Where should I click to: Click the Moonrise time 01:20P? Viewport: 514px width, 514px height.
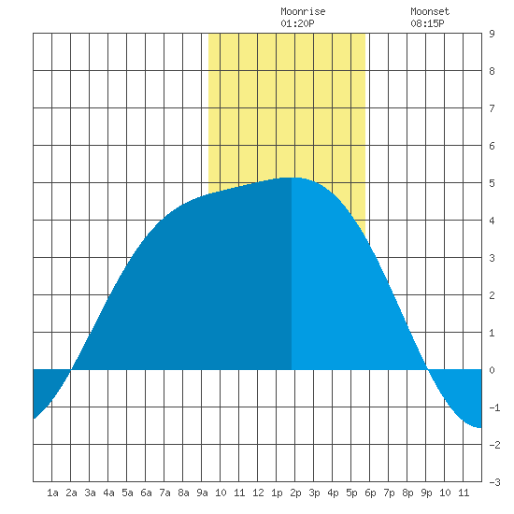297,23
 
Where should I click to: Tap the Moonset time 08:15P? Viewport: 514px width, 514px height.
427,23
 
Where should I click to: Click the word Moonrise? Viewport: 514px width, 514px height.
303,11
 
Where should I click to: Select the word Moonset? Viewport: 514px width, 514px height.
430,11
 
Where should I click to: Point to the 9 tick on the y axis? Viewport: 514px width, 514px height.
492,34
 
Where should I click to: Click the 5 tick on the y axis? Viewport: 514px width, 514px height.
492,183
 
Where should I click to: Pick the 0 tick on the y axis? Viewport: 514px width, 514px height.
492,370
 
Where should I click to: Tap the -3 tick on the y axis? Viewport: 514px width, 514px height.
494,482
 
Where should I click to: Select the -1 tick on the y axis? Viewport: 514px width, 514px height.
494,407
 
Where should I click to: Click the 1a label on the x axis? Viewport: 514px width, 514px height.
52,493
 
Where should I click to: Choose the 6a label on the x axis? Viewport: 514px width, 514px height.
146,493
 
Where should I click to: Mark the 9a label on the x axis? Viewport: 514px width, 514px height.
202,493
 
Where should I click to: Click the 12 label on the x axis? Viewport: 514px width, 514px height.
258,493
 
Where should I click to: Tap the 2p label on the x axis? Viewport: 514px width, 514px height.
295,493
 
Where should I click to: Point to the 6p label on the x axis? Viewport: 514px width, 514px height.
370,493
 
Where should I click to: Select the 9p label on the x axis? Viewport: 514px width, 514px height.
426,493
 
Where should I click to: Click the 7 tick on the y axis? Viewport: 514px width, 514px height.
492,108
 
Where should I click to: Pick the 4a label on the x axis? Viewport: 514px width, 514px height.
108,493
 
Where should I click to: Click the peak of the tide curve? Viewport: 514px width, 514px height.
292,178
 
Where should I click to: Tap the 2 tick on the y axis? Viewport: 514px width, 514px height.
492,295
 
